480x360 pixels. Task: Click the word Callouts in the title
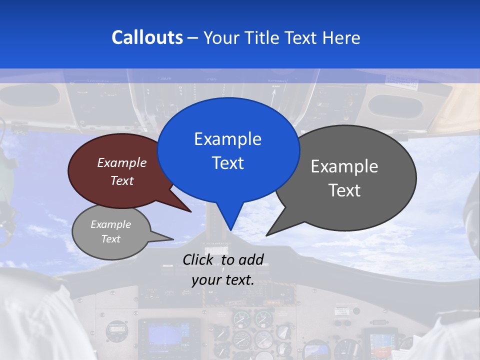(147, 37)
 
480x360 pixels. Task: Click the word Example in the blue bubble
(227, 139)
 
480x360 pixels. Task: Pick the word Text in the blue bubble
(227, 163)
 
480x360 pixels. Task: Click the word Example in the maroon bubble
(122, 162)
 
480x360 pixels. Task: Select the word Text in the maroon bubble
(122, 180)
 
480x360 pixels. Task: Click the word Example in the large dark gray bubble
(344, 166)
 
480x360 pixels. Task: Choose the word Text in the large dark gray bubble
(344, 190)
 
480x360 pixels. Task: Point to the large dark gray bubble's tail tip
(266, 235)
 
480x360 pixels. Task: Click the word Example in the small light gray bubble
(110, 224)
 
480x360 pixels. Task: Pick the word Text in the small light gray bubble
(110, 239)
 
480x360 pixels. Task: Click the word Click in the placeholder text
(198, 259)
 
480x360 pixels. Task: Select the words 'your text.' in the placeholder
(222, 280)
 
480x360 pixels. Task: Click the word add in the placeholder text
(250, 259)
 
